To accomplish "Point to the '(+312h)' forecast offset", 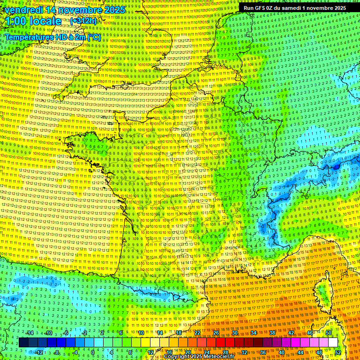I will click(x=83, y=21).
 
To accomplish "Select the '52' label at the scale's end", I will click(x=338, y=352).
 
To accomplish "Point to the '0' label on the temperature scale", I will click(x=93, y=352).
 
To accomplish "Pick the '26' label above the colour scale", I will click(x=216, y=333).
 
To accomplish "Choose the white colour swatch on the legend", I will click(x=333, y=343).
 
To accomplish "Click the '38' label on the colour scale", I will click(x=272, y=333).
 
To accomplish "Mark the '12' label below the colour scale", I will click(x=150, y=352).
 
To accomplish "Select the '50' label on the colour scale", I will click(x=329, y=333).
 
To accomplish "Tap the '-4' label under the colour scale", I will click(x=75, y=352).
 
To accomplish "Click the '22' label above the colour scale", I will click(x=197, y=333).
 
